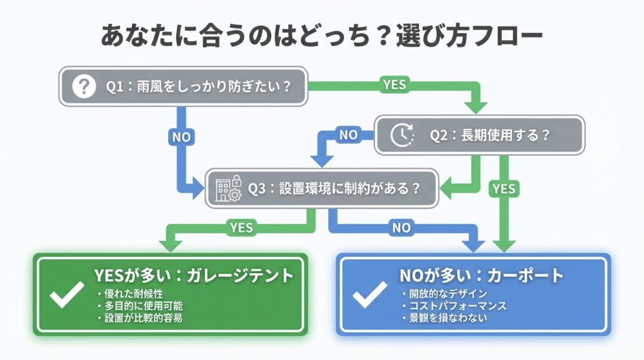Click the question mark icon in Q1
pos(83,86)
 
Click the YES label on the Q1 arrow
pos(394,84)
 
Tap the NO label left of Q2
pos(348,134)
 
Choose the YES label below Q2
pos(503,188)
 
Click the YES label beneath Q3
pos(241,227)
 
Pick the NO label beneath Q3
pos(401,228)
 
